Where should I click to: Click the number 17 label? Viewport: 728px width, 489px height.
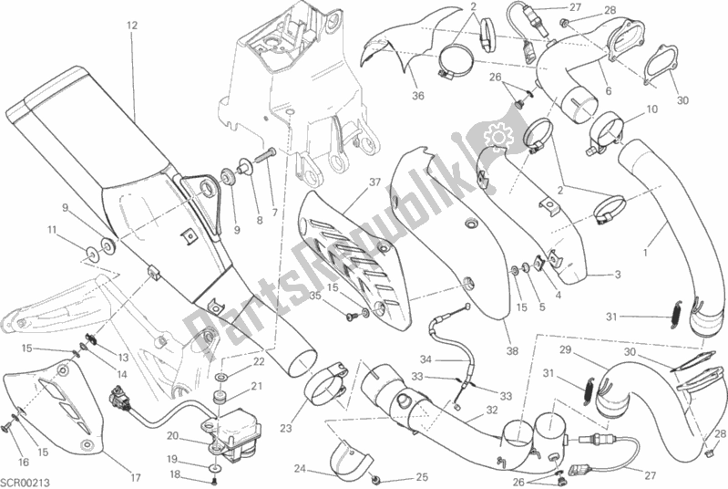point(135,476)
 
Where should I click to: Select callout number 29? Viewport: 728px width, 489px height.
point(565,349)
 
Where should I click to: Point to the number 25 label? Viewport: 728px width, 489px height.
point(421,477)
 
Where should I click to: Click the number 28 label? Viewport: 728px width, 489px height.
point(635,11)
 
